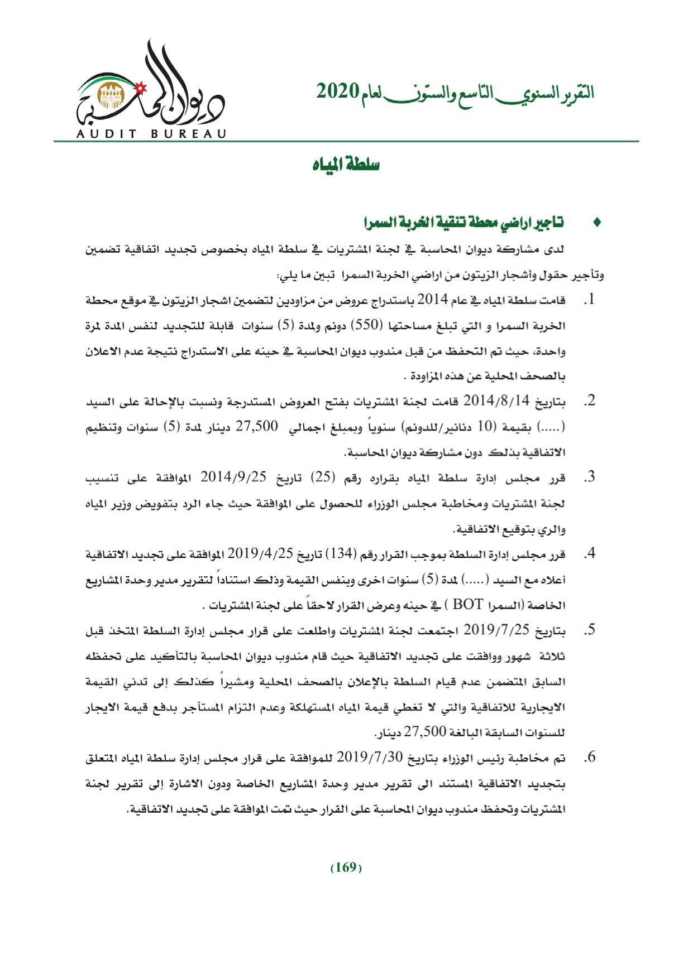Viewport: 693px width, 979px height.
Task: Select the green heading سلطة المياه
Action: point(345,165)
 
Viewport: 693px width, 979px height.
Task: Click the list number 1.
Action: point(587,301)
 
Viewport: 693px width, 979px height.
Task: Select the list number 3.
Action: point(587,478)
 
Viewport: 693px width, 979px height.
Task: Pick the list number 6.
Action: point(587,758)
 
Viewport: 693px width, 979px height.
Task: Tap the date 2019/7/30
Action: point(370,758)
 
